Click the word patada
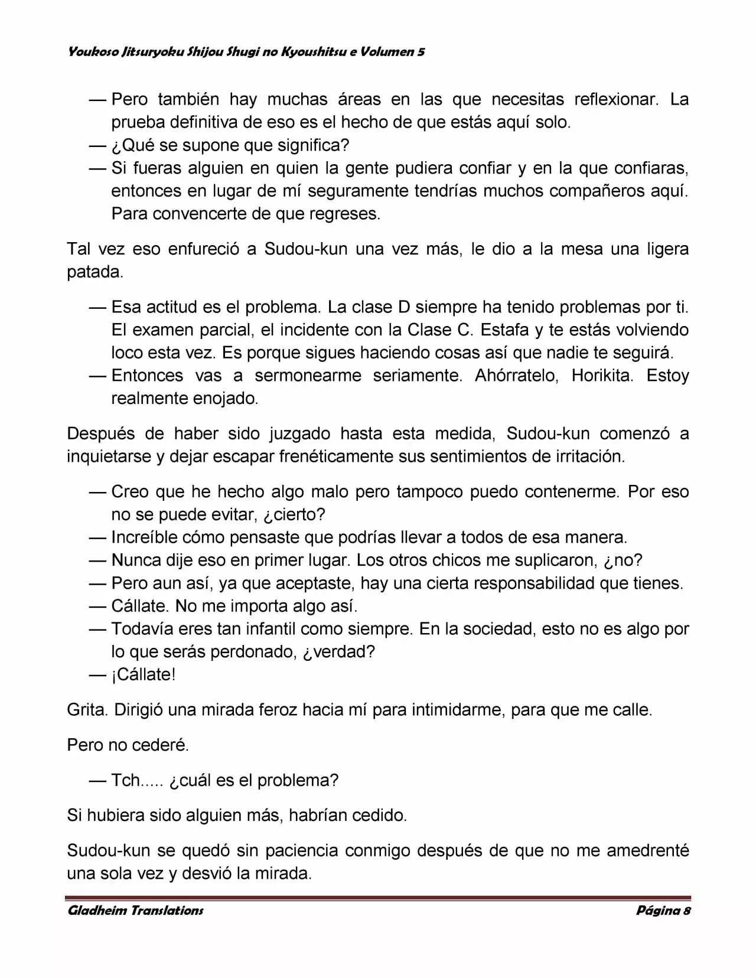95,272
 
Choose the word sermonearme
308,376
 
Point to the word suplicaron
552,560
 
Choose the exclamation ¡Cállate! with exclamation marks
144,674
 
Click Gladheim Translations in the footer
135,910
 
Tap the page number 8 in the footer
687,910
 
